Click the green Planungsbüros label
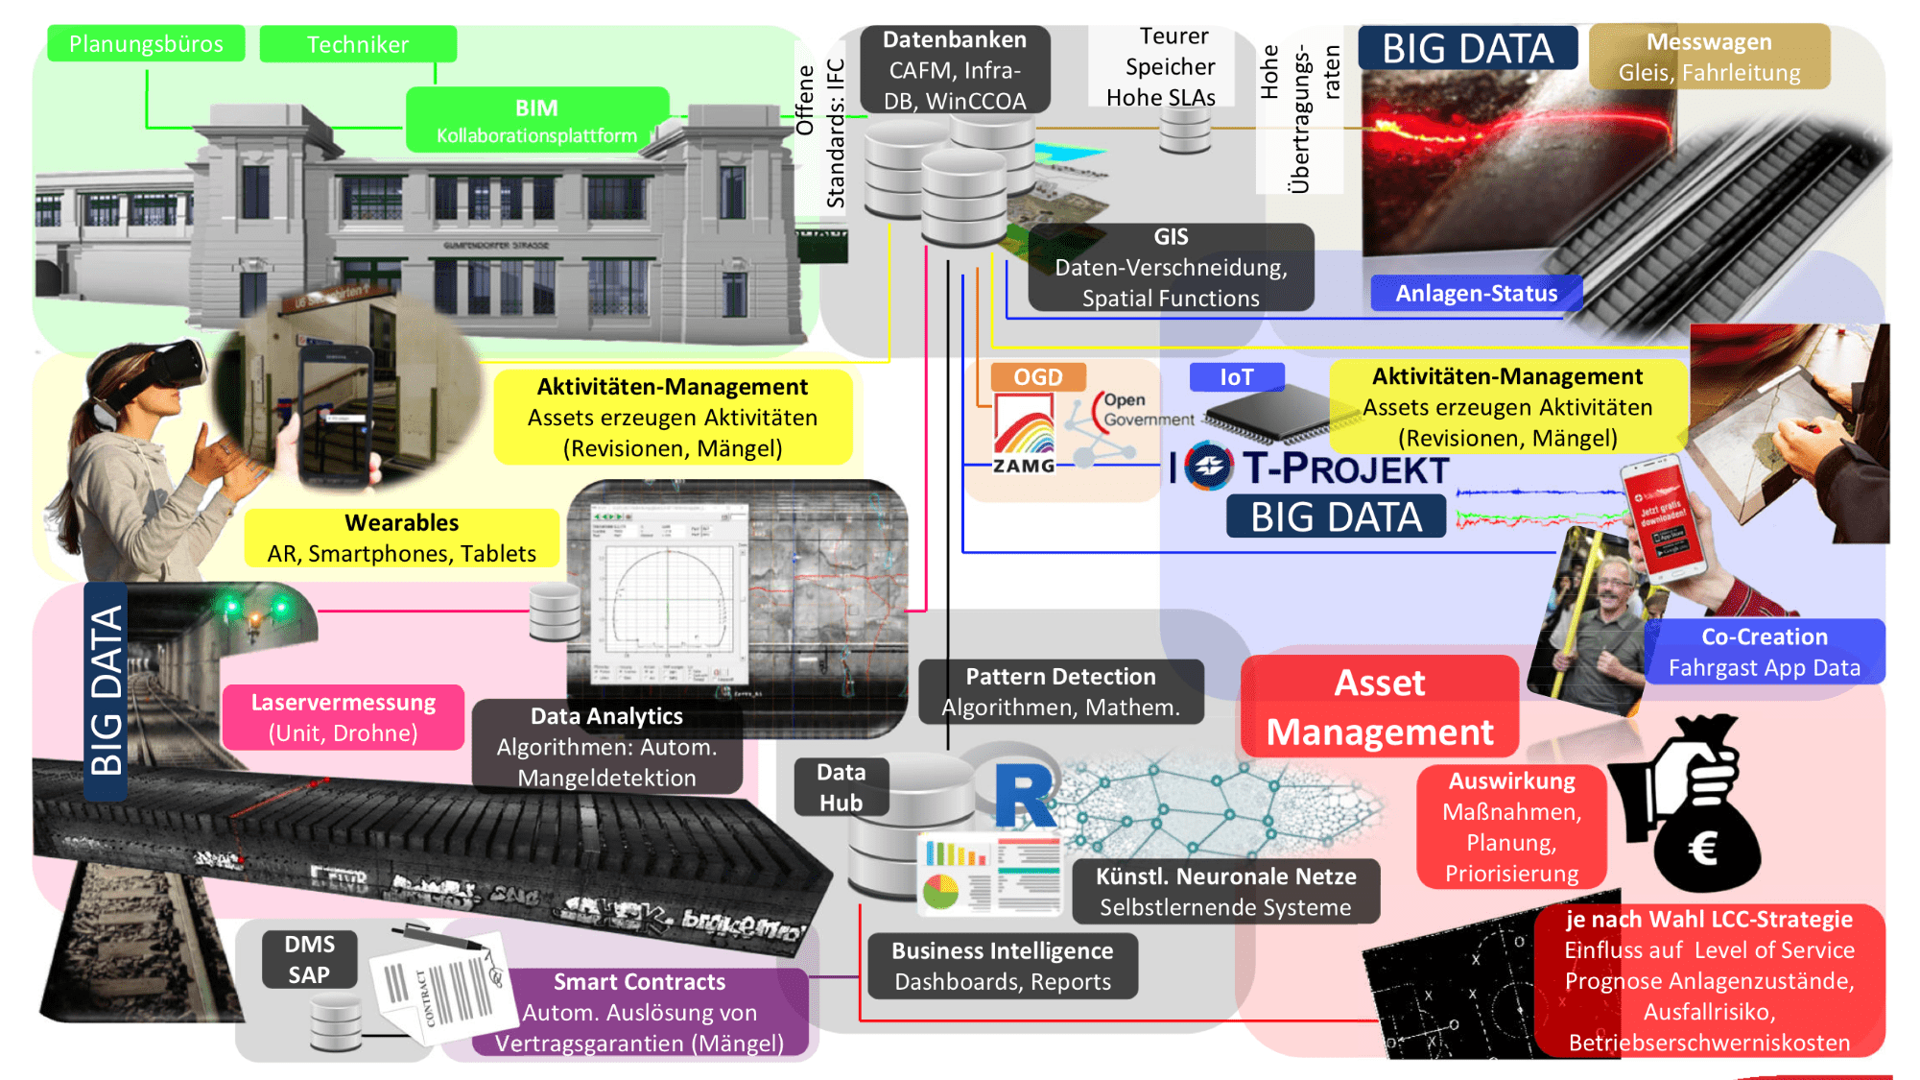146,44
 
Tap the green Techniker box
357,44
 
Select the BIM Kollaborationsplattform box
536,120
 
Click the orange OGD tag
1037,376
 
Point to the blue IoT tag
1236,377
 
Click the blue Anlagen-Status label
1475,293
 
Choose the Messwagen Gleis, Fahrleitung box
1709,57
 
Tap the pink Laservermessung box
343,717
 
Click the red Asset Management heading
1379,707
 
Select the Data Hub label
841,787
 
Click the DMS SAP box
309,959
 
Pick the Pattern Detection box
1060,691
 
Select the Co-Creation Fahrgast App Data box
1764,652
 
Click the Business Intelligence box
1002,966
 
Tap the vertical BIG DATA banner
106,691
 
